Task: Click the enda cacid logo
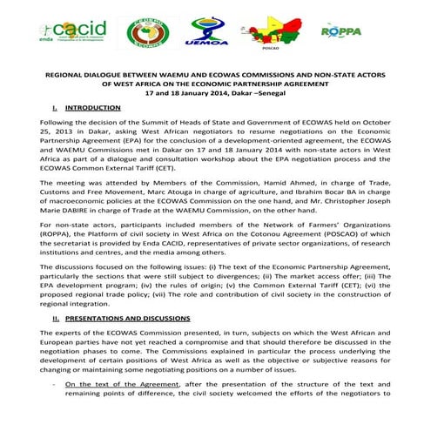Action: coord(74,32)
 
